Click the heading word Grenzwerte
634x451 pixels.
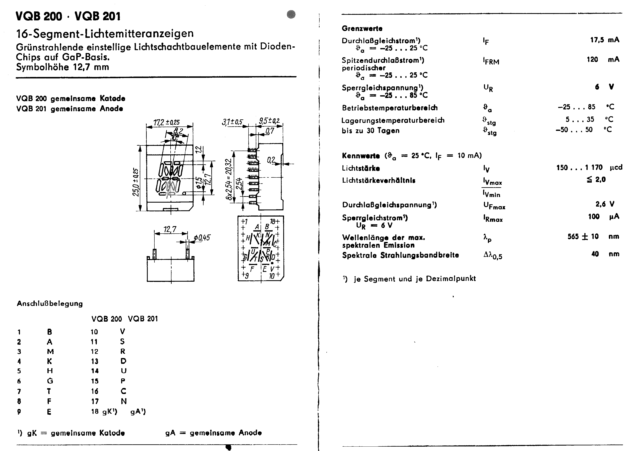tap(362, 28)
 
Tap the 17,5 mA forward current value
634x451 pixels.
tap(605, 40)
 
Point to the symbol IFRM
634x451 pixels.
tap(491, 61)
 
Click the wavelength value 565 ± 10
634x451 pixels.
tap(583, 237)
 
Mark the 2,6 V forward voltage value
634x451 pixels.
tap(605, 204)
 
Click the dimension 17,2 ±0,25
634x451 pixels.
tap(166, 122)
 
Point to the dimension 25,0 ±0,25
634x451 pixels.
tap(136, 182)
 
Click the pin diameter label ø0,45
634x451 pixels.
tap(202, 238)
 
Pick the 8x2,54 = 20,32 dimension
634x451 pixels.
tap(229, 179)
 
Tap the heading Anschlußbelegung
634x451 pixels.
tap(50, 304)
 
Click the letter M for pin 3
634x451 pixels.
tap(50, 352)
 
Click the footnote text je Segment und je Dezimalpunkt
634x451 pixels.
tap(415, 279)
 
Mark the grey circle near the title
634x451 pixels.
tap(291, 14)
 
